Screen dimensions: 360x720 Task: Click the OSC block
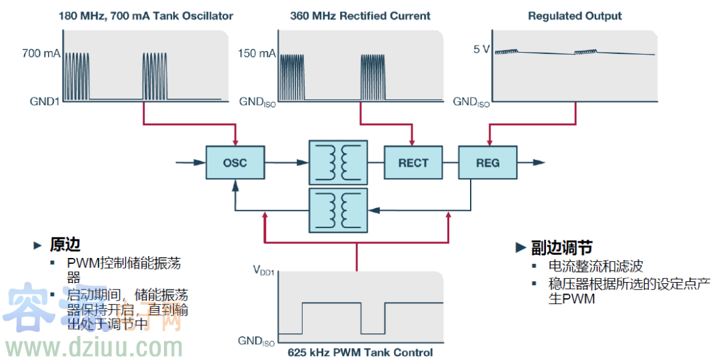[x=235, y=163]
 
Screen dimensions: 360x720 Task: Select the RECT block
[x=413, y=163]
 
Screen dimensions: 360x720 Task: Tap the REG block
[x=487, y=163]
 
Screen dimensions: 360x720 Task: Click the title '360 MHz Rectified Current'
[x=360, y=15]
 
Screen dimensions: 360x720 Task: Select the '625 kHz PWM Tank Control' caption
[x=360, y=353]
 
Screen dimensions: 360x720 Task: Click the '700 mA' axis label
[x=41, y=53]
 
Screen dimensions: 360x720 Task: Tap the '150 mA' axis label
[x=257, y=53]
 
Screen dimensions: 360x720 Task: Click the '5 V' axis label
[x=481, y=49]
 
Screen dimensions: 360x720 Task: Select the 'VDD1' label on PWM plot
[x=264, y=271]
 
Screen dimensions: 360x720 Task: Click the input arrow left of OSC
[x=189, y=162]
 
